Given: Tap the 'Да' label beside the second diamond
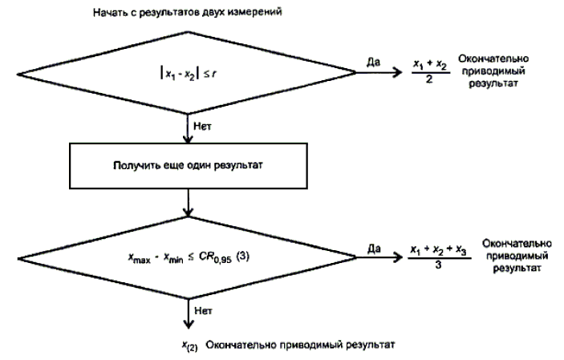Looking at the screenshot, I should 374,249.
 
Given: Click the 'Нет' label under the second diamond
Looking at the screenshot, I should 202,306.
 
